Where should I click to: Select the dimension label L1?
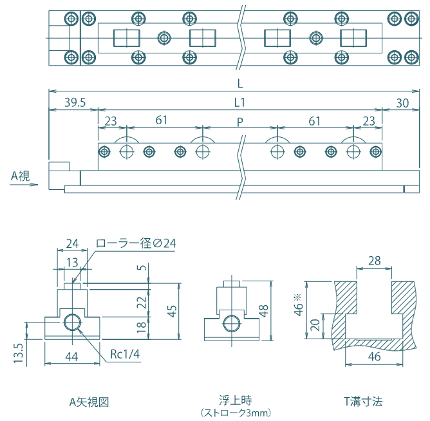[x=239, y=102]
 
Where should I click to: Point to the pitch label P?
[x=239, y=120]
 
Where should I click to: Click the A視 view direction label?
[x=22, y=174]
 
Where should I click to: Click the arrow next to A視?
[x=30, y=185]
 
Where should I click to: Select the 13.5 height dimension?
[x=18, y=353]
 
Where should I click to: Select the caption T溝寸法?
[x=362, y=402]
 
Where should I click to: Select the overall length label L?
[x=239, y=84]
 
